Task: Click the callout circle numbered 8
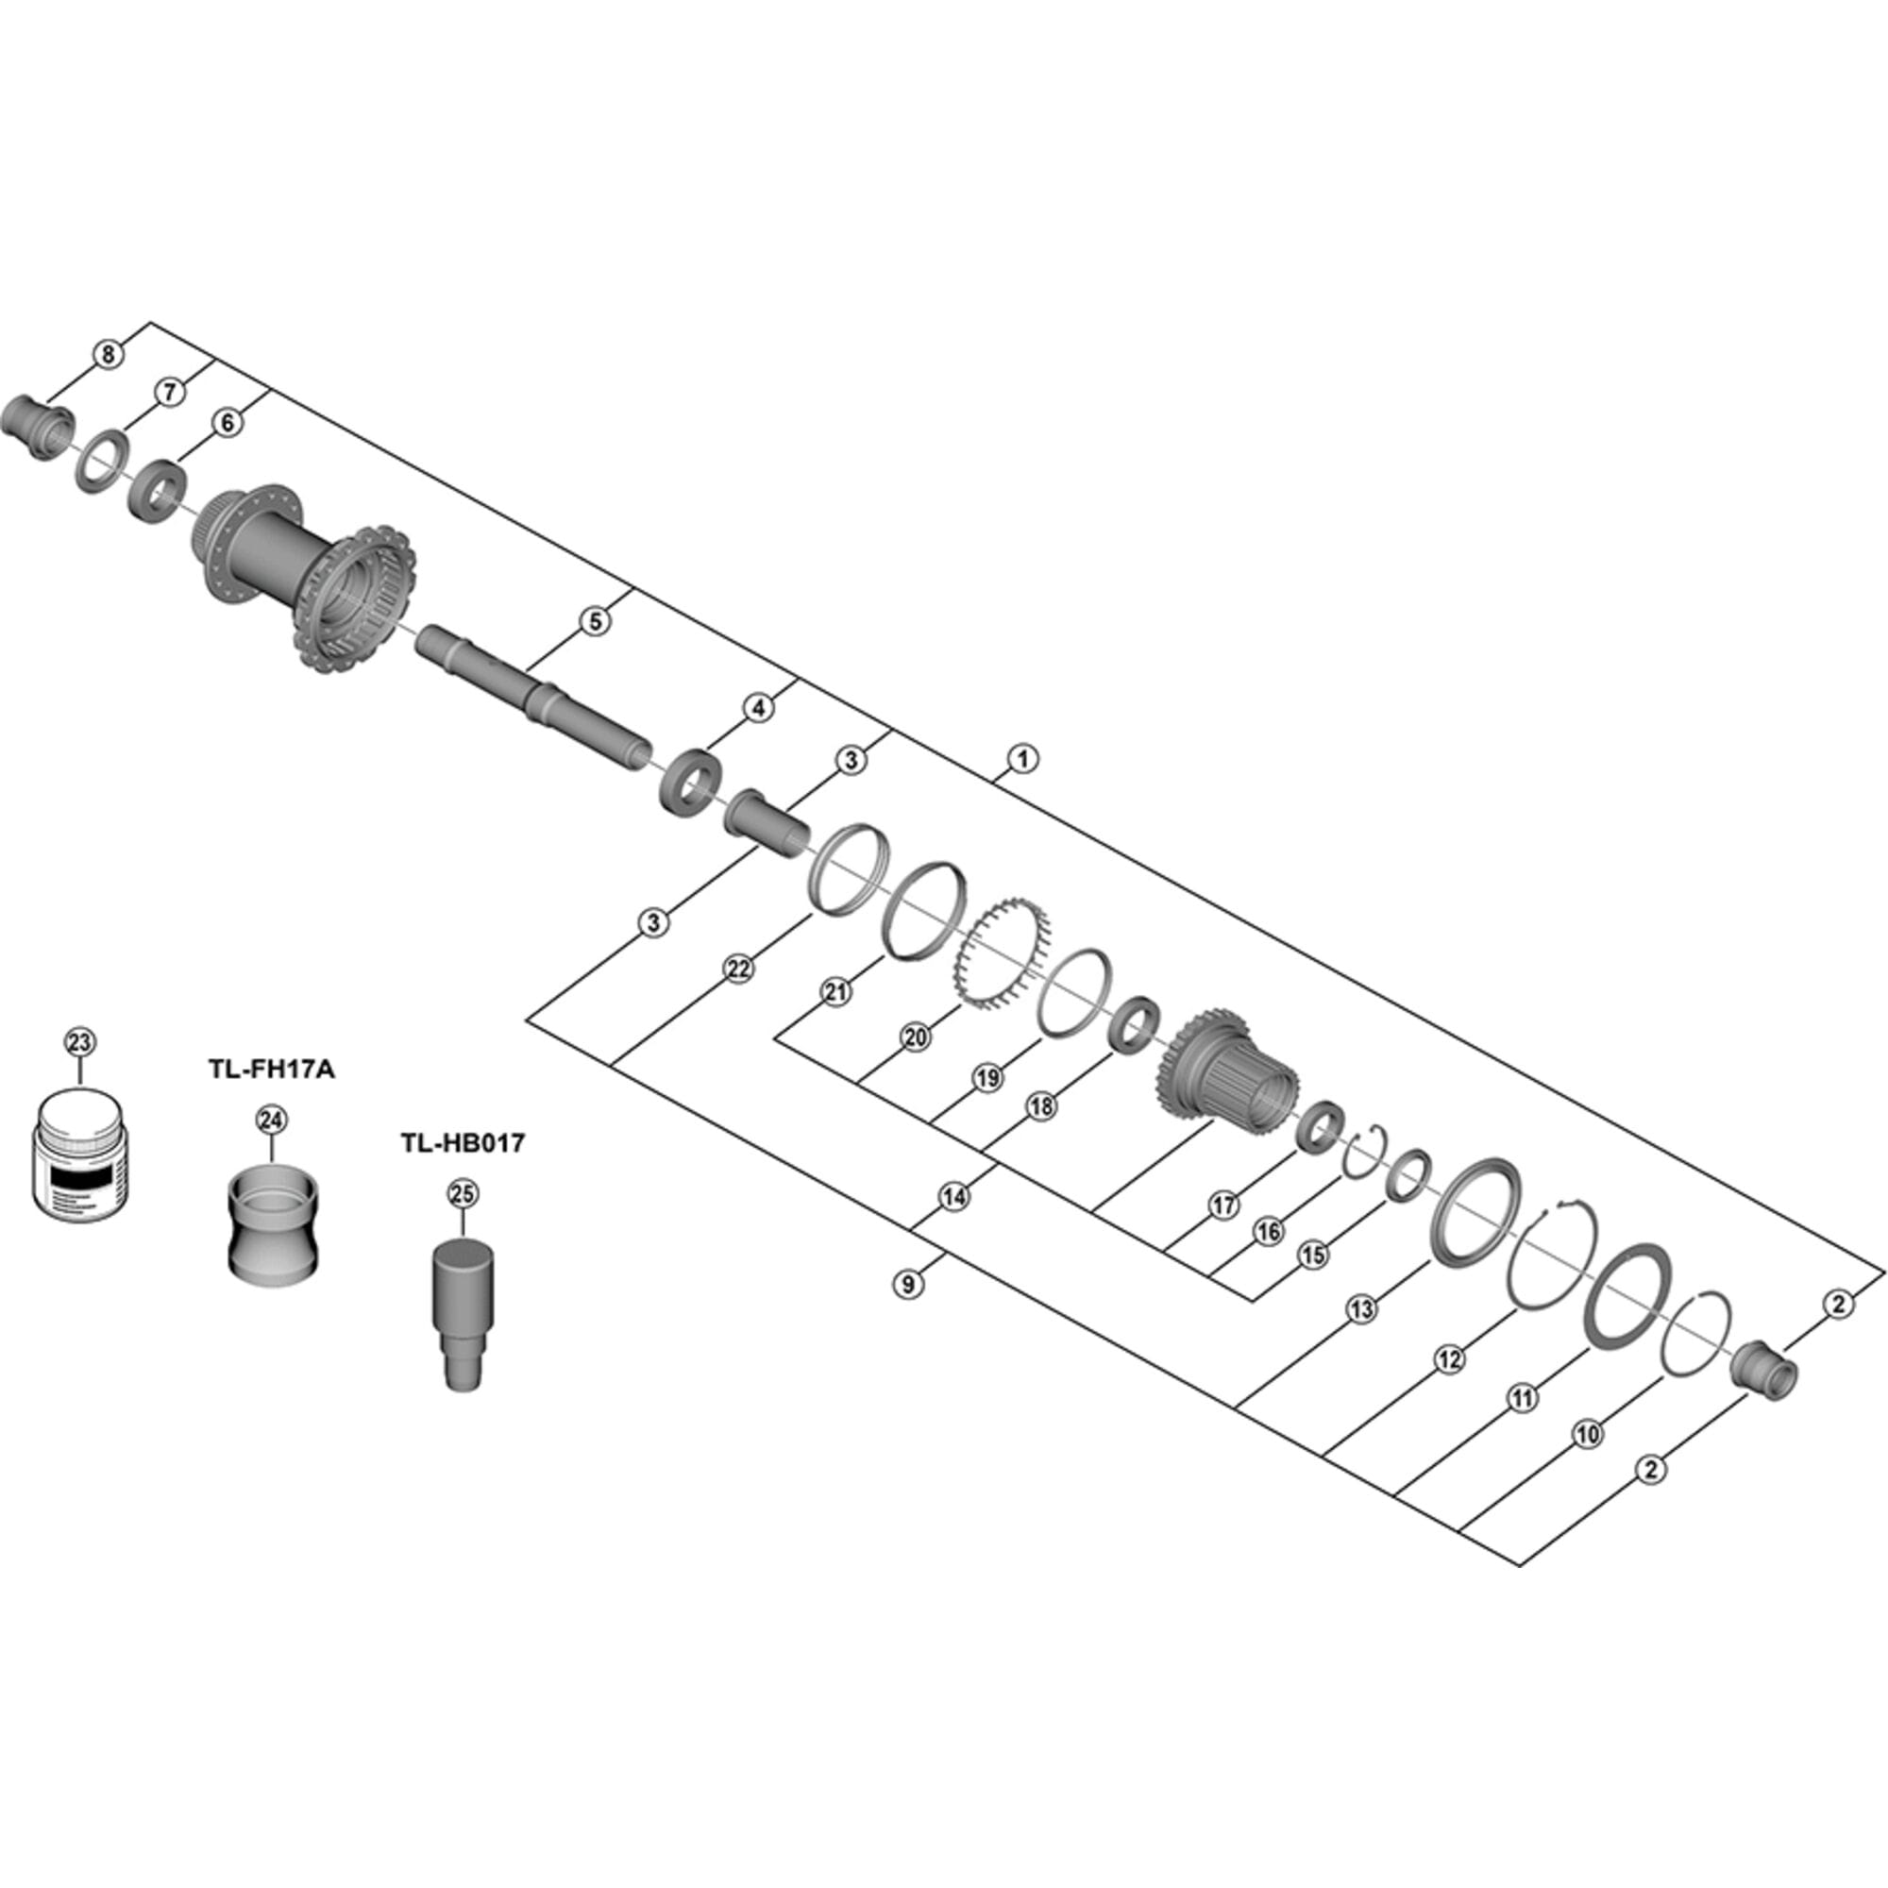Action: point(109,354)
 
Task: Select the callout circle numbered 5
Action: point(595,620)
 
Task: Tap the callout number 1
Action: point(1022,757)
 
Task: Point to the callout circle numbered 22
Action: point(739,969)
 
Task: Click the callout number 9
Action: point(909,1284)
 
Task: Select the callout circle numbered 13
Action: point(1360,1308)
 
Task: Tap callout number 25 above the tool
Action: point(463,1193)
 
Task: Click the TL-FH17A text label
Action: point(271,1070)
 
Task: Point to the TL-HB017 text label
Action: point(463,1142)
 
